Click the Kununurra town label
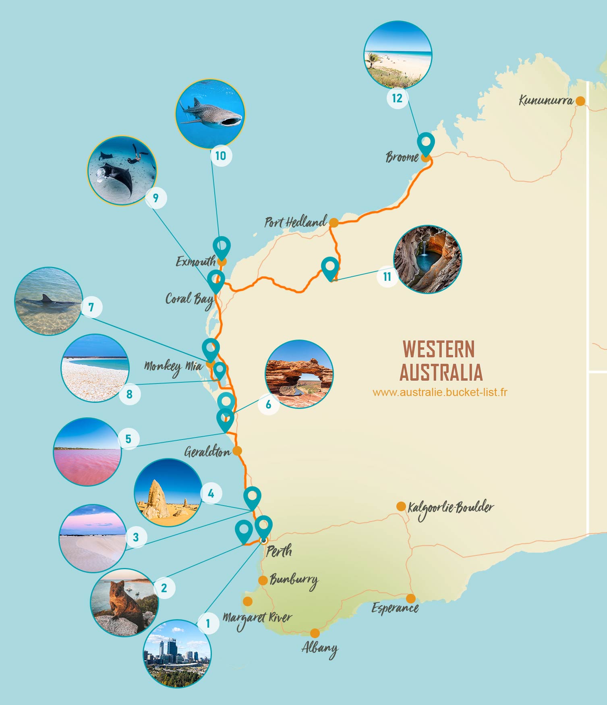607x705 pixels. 546,100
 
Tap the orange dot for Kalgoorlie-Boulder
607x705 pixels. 401,506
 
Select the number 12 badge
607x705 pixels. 397,98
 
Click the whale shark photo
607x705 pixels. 210,114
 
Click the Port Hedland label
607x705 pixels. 295,222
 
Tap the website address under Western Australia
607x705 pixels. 440,392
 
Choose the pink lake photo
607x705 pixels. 87,452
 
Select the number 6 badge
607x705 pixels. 269,404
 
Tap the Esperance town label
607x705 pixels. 395,608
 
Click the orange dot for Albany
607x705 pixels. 315,633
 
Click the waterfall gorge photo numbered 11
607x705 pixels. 428,259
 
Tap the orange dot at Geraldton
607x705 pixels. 237,450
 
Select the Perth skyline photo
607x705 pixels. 177,653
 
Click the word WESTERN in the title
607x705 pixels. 439,349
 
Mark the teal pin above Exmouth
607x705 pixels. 222,247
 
